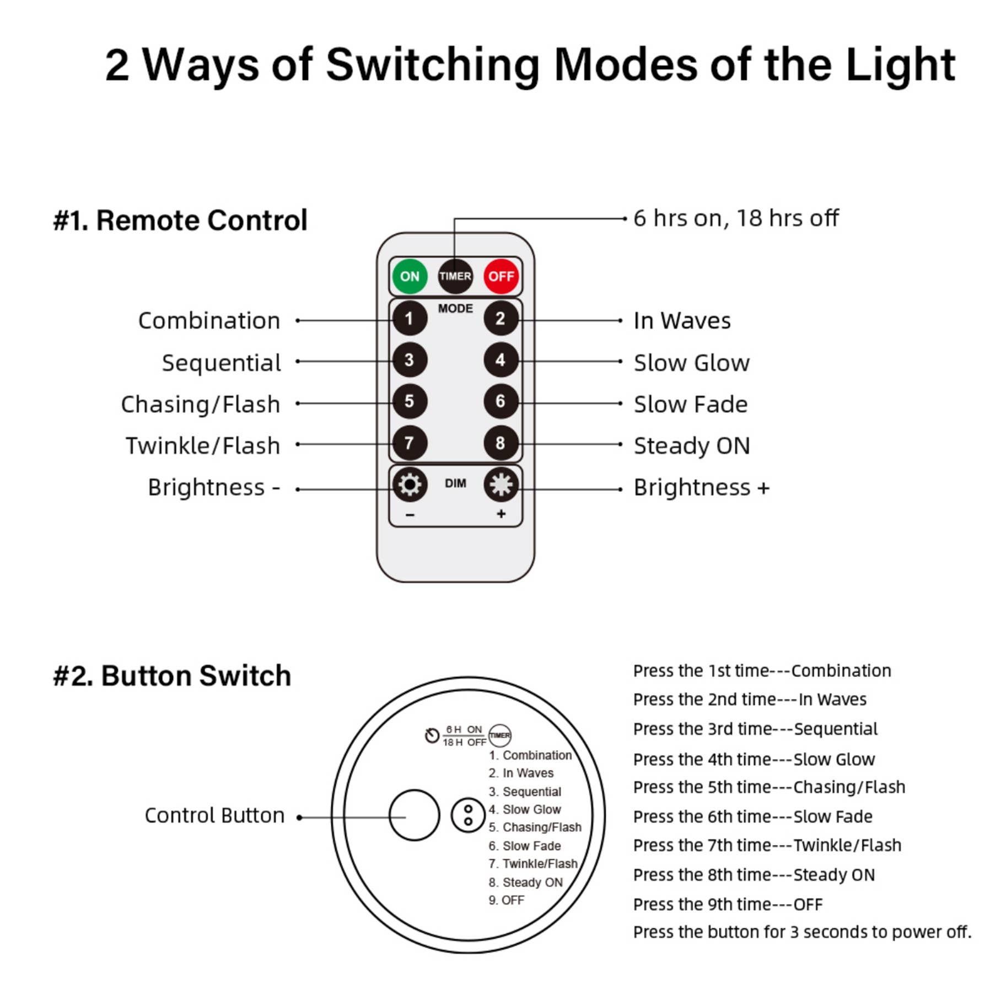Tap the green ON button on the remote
coord(409,276)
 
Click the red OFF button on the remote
coord(501,276)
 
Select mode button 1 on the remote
coord(409,318)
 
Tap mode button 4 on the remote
coord(501,360)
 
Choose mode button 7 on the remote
coord(409,443)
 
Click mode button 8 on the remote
coord(501,443)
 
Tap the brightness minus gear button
coord(409,485)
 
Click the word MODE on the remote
coord(455,308)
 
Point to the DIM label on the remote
coord(455,483)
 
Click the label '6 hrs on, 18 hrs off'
coord(735,218)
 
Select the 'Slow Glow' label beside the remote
coord(691,363)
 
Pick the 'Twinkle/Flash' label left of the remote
coord(203,445)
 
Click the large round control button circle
coord(414,815)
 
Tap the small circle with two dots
coord(468,815)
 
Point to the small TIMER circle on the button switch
coord(500,735)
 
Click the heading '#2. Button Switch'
coord(172,675)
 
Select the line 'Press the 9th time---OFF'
coord(728,905)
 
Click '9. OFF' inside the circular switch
coord(506,900)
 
